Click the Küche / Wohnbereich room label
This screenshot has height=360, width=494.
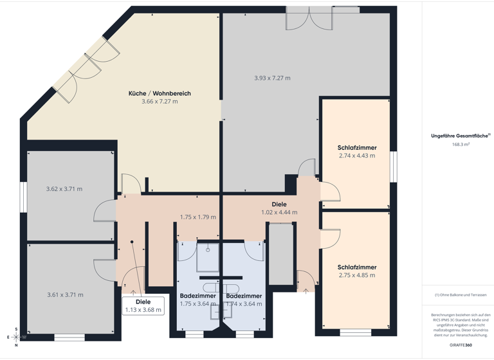pyautogui.click(x=160, y=93)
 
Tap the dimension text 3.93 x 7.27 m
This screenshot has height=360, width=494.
pyautogui.click(x=272, y=78)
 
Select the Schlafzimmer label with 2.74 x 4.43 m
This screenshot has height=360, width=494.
pyautogui.click(x=357, y=148)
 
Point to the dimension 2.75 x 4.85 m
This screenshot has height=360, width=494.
pyautogui.click(x=357, y=275)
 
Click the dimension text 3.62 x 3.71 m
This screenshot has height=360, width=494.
pyautogui.click(x=64, y=189)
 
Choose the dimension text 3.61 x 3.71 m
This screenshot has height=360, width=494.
pyautogui.click(x=65, y=294)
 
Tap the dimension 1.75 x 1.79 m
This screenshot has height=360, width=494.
pyautogui.click(x=197, y=217)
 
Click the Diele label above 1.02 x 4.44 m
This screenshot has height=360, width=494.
pyautogui.click(x=279, y=204)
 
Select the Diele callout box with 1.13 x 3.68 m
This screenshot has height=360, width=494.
pyautogui.click(x=143, y=306)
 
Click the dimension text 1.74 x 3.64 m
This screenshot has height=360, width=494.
pyautogui.click(x=244, y=303)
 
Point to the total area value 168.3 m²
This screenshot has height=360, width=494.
pyautogui.click(x=461, y=145)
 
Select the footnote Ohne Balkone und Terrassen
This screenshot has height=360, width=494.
pyautogui.click(x=461, y=294)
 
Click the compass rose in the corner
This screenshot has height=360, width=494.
pyautogui.click(x=16, y=336)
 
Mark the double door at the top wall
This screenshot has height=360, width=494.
pyautogui.click(x=311, y=18)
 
